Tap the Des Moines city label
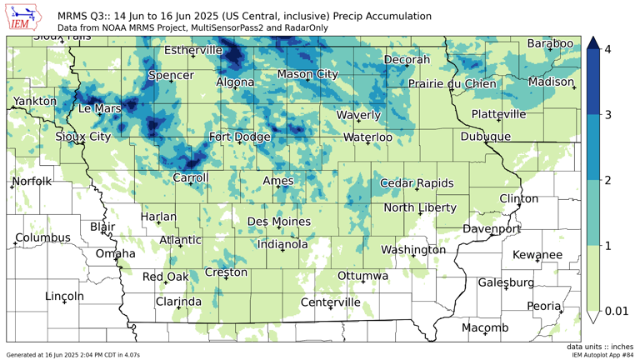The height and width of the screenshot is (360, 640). (x=279, y=222)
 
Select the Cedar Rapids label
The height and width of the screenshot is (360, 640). (x=417, y=183)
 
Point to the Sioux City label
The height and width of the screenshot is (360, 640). (x=82, y=137)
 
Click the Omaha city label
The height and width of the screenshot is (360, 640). (x=115, y=253)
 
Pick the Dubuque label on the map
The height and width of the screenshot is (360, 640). (x=485, y=137)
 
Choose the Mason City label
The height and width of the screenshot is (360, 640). (x=307, y=74)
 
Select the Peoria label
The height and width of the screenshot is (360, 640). (x=543, y=306)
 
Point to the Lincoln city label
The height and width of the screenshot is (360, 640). (x=64, y=296)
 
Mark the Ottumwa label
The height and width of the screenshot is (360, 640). (x=363, y=276)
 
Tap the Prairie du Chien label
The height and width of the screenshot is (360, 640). (x=452, y=83)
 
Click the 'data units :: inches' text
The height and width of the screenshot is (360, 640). (x=597, y=347)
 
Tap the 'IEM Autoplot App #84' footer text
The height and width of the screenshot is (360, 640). (x=602, y=355)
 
